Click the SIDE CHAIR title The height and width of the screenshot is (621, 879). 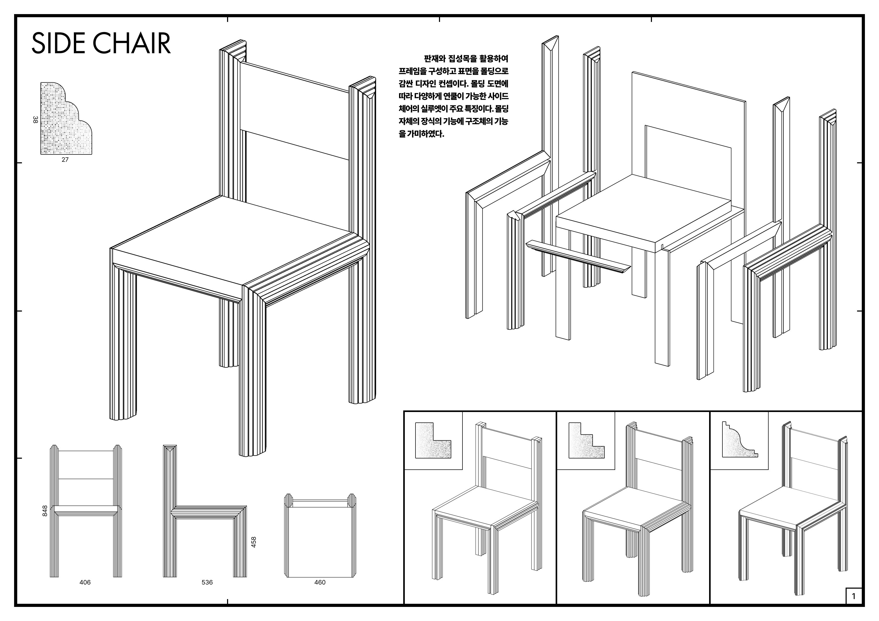[x=101, y=43]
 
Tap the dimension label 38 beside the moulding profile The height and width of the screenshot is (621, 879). [x=35, y=120]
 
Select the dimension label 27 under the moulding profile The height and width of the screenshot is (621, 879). [x=65, y=160]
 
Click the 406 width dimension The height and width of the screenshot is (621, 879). [x=85, y=582]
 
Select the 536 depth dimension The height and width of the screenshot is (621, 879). [x=207, y=582]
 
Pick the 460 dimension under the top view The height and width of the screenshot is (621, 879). [x=320, y=582]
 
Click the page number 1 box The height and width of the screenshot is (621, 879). [x=853, y=596]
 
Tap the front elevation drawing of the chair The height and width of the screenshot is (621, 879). [x=86, y=513]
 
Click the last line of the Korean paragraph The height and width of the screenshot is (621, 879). [x=421, y=134]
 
